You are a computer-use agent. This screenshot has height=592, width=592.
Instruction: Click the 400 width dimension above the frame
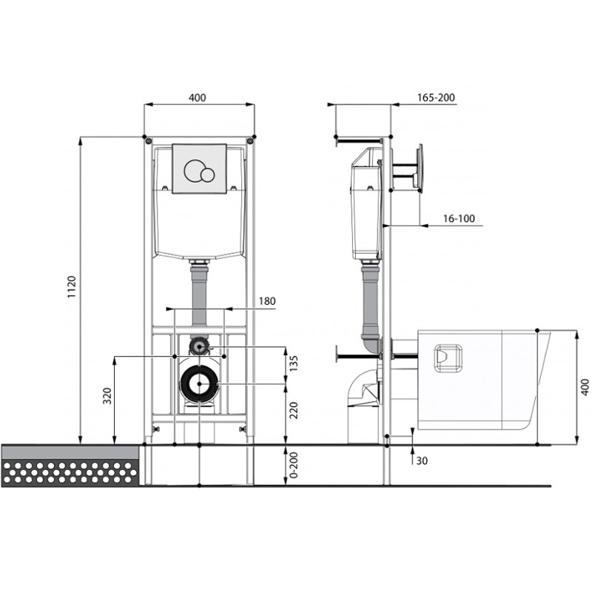(x=198, y=98)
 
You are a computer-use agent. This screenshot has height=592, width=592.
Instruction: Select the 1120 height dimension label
(x=71, y=286)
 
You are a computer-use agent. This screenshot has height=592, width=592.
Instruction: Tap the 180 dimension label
(x=267, y=301)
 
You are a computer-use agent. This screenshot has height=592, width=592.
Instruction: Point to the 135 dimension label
(x=294, y=363)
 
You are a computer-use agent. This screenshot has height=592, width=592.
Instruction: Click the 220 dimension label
(x=294, y=411)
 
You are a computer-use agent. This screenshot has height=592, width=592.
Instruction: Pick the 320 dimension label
(x=107, y=396)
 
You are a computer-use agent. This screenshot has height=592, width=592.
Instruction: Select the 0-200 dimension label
(x=294, y=465)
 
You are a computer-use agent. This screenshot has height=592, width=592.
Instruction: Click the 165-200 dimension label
(x=436, y=98)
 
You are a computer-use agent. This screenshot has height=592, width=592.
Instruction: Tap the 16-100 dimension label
(x=459, y=218)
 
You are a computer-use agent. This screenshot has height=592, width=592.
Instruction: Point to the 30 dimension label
(x=422, y=461)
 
